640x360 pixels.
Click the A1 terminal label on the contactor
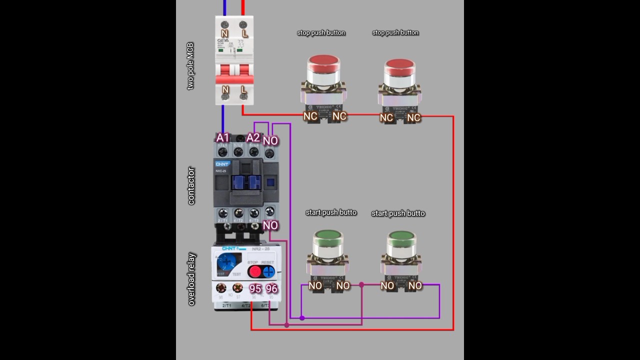click(x=222, y=137)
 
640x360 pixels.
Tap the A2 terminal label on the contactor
click(x=253, y=137)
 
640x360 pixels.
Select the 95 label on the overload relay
click(x=255, y=288)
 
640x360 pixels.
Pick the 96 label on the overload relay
click(x=271, y=288)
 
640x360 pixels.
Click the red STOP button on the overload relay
click(x=255, y=271)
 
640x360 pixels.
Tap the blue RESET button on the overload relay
click(x=269, y=271)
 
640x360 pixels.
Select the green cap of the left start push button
click(x=327, y=237)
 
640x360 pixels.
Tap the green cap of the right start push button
click(x=401, y=237)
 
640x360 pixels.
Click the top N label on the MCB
click(x=225, y=34)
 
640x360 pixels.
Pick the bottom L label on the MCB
click(x=243, y=90)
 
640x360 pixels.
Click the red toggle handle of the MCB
click(x=234, y=74)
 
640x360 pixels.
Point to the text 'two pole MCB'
click(x=190, y=66)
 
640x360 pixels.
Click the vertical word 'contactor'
click(x=191, y=186)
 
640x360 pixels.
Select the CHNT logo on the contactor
click(x=222, y=164)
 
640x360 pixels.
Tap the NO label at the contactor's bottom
click(x=270, y=225)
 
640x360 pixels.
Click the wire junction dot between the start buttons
click(x=361, y=285)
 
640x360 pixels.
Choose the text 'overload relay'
click(x=191, y=279)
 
